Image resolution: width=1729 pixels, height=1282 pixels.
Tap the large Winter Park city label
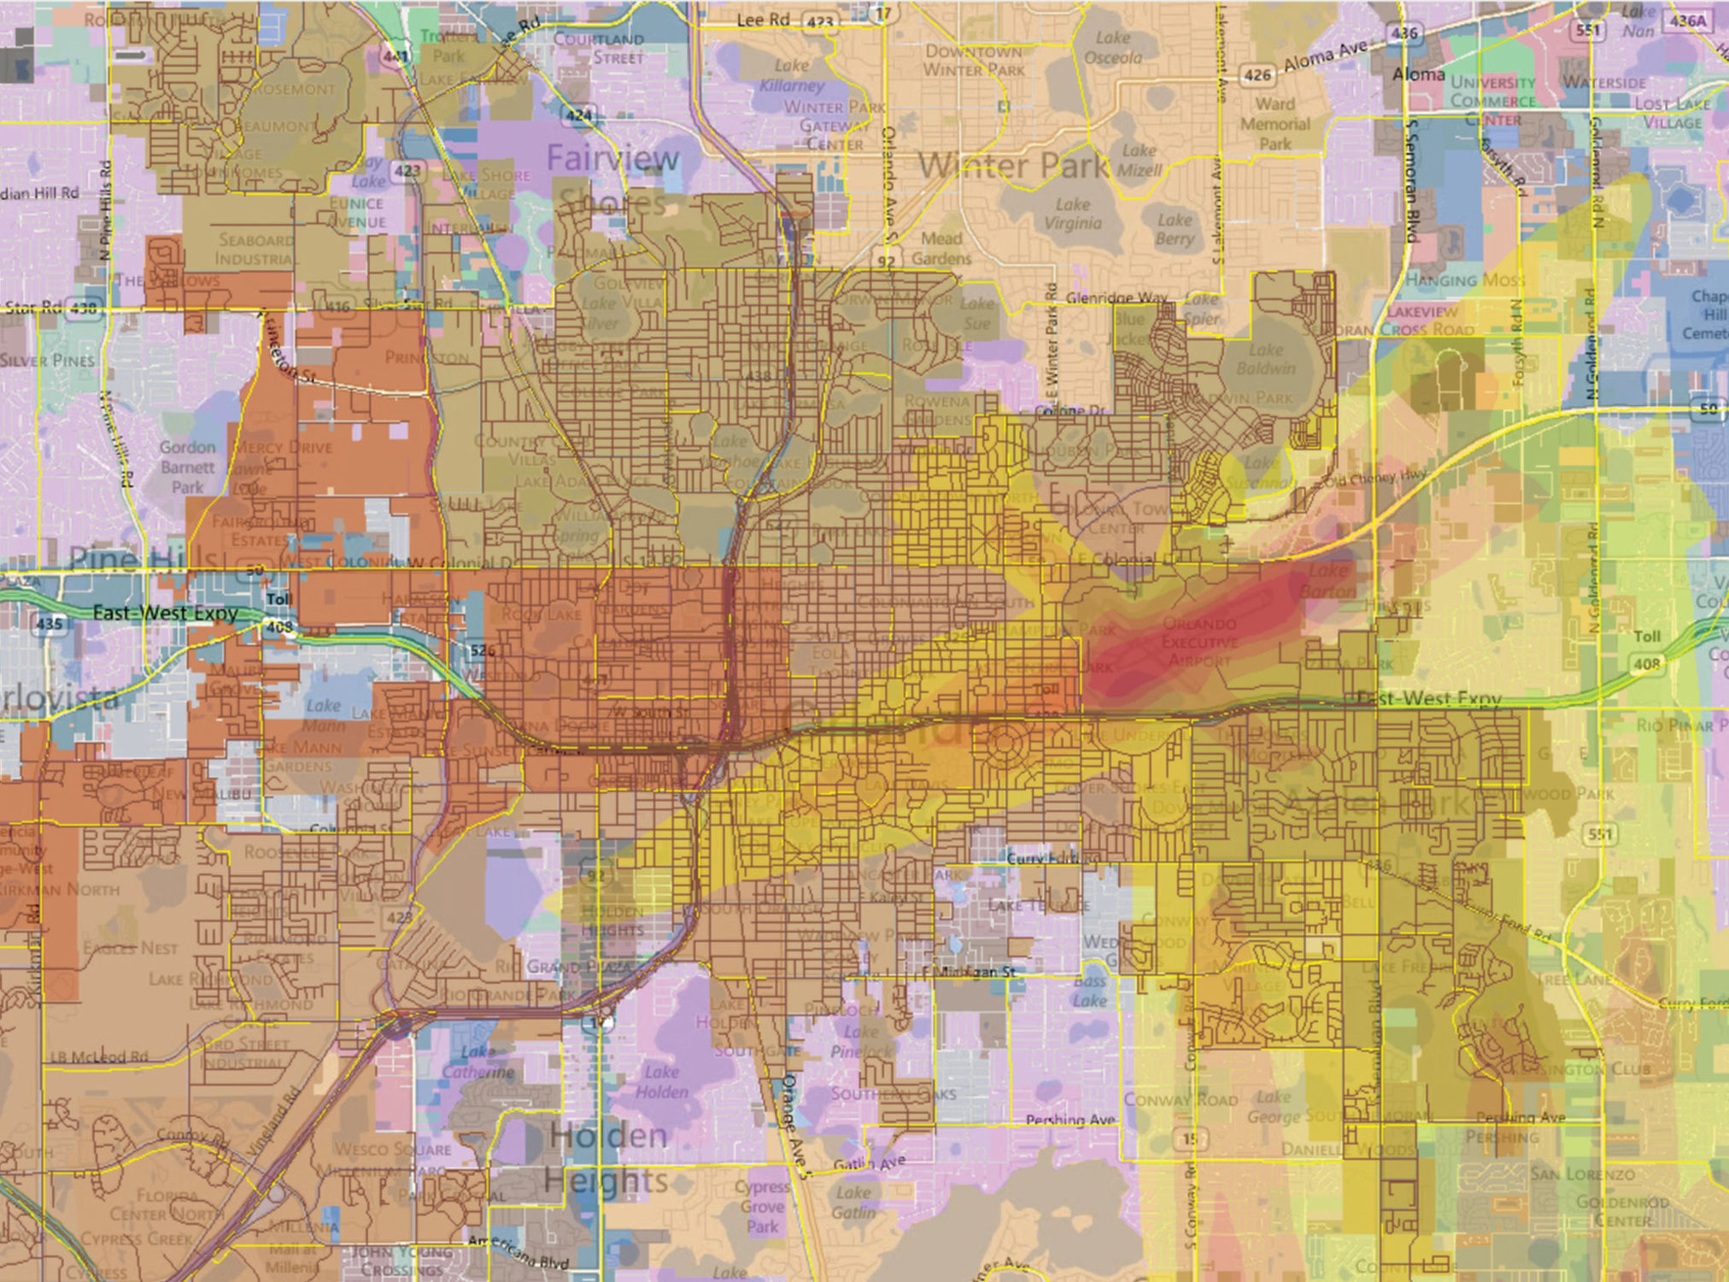point(1013,164)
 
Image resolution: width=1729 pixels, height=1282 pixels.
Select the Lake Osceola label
point(1112,48)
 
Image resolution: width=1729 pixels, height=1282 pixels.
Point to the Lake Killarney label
point(792,75)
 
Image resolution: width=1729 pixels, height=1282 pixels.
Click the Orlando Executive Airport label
point(1199,642)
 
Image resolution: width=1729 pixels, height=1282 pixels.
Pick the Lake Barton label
point(1328,580)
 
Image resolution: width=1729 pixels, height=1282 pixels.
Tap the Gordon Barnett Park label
point(188,467)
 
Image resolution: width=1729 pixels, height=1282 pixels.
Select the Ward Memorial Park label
point(1275,124)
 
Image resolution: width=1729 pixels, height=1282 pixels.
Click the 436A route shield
point(1686,21)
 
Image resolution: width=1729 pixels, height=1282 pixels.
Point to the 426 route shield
point(1257,75)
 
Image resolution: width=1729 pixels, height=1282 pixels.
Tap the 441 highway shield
point(396,56)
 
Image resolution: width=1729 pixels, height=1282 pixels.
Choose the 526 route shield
point(482,650)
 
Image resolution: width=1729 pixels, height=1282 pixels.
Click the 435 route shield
point(49,623)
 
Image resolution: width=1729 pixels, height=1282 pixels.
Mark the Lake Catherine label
point(478,1061)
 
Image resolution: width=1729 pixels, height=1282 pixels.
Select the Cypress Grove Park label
point(762,1206)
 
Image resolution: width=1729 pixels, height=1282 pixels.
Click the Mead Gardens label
point(941,249)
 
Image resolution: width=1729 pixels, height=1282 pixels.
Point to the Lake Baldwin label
point(1265,359)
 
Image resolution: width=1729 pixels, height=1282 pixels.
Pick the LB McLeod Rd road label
point(98,1056)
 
